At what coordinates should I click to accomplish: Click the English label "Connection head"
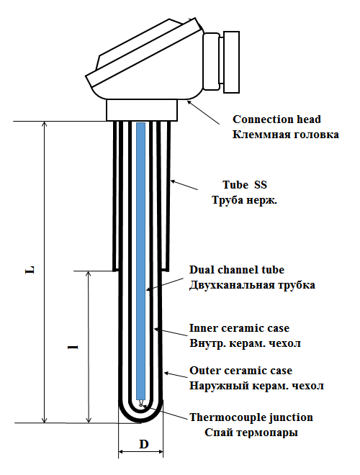pyautogui.click(x=276, y=119)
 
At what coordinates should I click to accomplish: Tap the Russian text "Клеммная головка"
pyautogui.click(x=286, y=135)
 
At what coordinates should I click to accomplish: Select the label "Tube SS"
pyautogui.click(x=245, y=184)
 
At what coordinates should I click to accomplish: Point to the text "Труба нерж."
pyautogui.click(x=245, y=200)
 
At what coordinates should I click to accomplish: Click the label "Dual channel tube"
pyautogui.click(x=237, y=270)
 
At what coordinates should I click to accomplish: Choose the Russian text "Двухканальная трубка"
pyautogui.click(x=252, y=285)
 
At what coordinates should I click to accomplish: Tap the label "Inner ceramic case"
pyautogui.click(x=239, y=328)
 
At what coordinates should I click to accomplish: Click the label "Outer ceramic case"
pyautogui.click(x=241, y=371)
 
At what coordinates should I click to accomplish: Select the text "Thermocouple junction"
pyautogui.click(x=251, y=417)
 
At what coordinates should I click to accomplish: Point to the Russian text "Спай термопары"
pyautogui.click(x=251, y=433)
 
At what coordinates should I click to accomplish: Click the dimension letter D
pyautogui.click(x=143, y=444)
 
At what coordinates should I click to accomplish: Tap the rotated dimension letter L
pyautogui.click(x=30, y=270)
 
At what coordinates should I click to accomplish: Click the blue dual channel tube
pyautogui.click(x=140, y=261)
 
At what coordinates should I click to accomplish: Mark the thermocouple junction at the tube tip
pyautogui.click(x=140, y=404)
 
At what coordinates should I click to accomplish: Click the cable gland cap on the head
pyautogui.click(x=231, y=62)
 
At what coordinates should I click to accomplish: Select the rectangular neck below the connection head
pyautogui.click(x=142, y=110)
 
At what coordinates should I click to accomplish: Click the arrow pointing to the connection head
pyautogui.click(x=203, y=112)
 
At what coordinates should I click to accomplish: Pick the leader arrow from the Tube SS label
pyautogui.click(x=184, y=185)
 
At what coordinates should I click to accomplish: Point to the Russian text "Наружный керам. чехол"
pyautogui.click(x=256, y=386)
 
